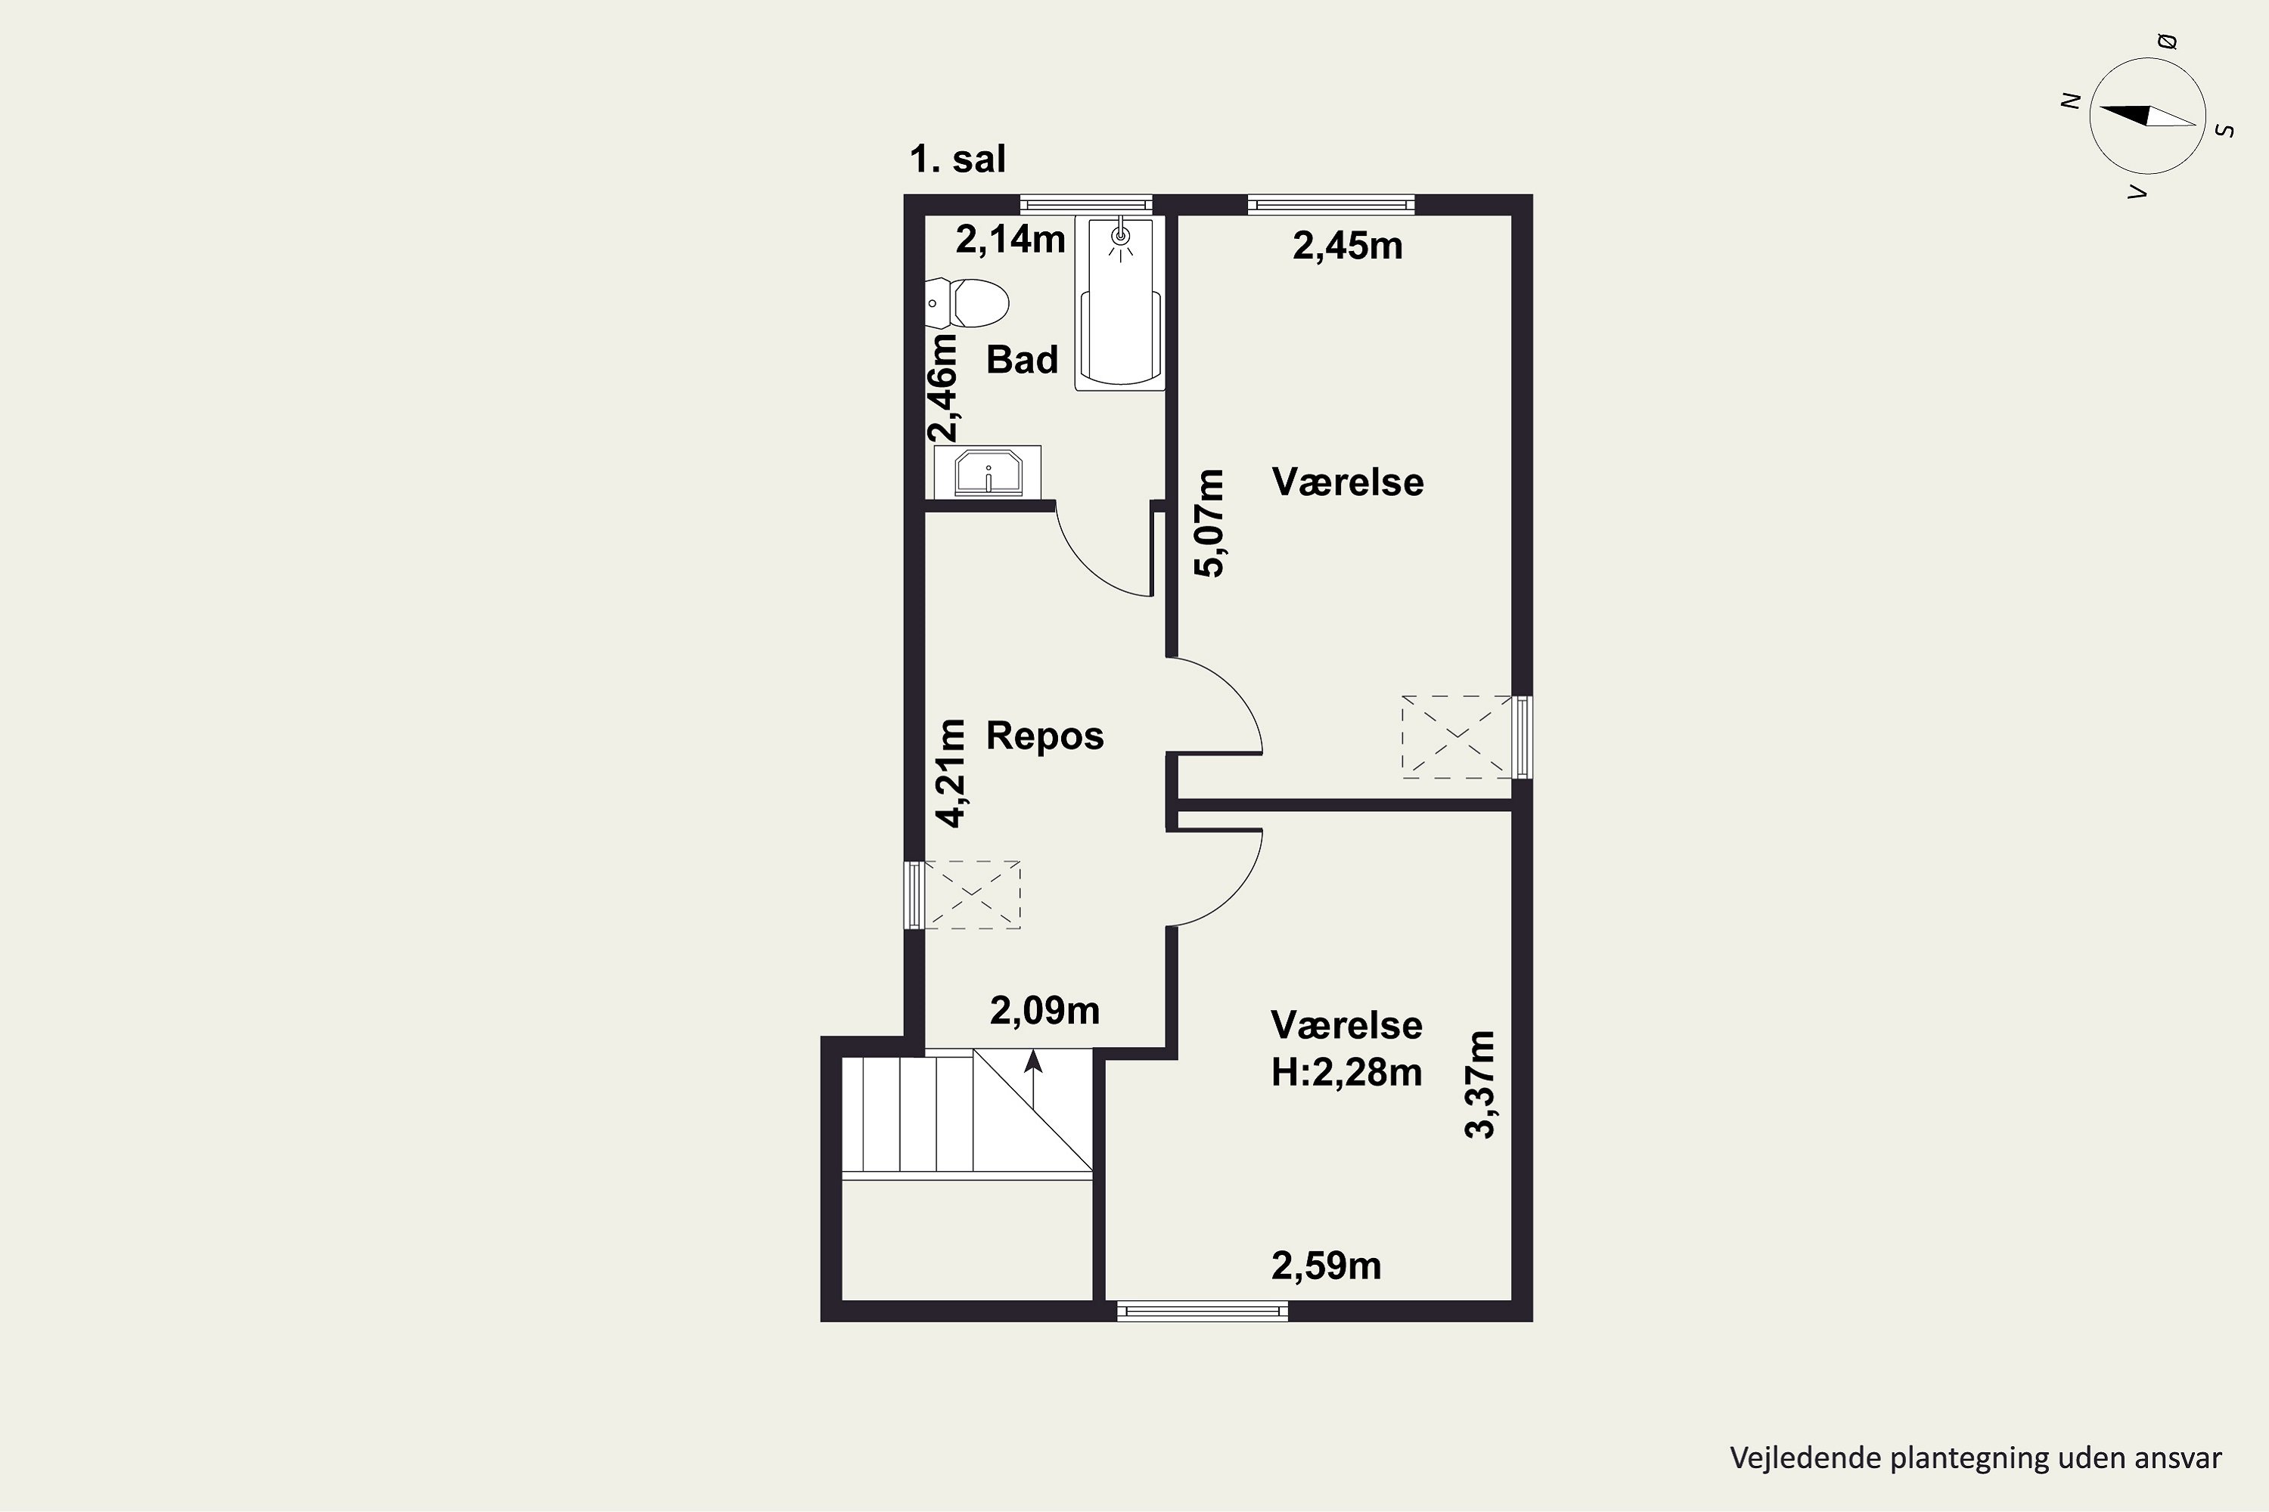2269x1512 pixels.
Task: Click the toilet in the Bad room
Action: (x=966, y=303)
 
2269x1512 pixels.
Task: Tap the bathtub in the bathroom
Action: (x=1120, y=304)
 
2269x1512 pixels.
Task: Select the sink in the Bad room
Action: (x=988, y=472)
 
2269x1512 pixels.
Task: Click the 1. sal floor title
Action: (x=957, y=159)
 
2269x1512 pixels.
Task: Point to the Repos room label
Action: (x=1044, y=736)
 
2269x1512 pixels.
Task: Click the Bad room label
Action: (x=1023, y=360)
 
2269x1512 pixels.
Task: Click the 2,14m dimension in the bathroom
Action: (x=1010, y=239)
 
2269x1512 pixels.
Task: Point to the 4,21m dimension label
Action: (x=951, y=773)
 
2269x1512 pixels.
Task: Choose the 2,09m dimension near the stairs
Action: (x=1044, y=1011)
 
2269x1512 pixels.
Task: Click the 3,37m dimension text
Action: (x=1480, y=1085)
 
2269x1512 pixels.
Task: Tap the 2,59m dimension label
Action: (x=1327, y=1265)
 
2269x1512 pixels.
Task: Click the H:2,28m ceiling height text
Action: (x=1347, y=1072)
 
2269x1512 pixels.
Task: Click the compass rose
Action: (x=2147, y=116)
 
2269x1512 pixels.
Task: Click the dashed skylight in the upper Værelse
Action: (x=1457, y=736)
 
